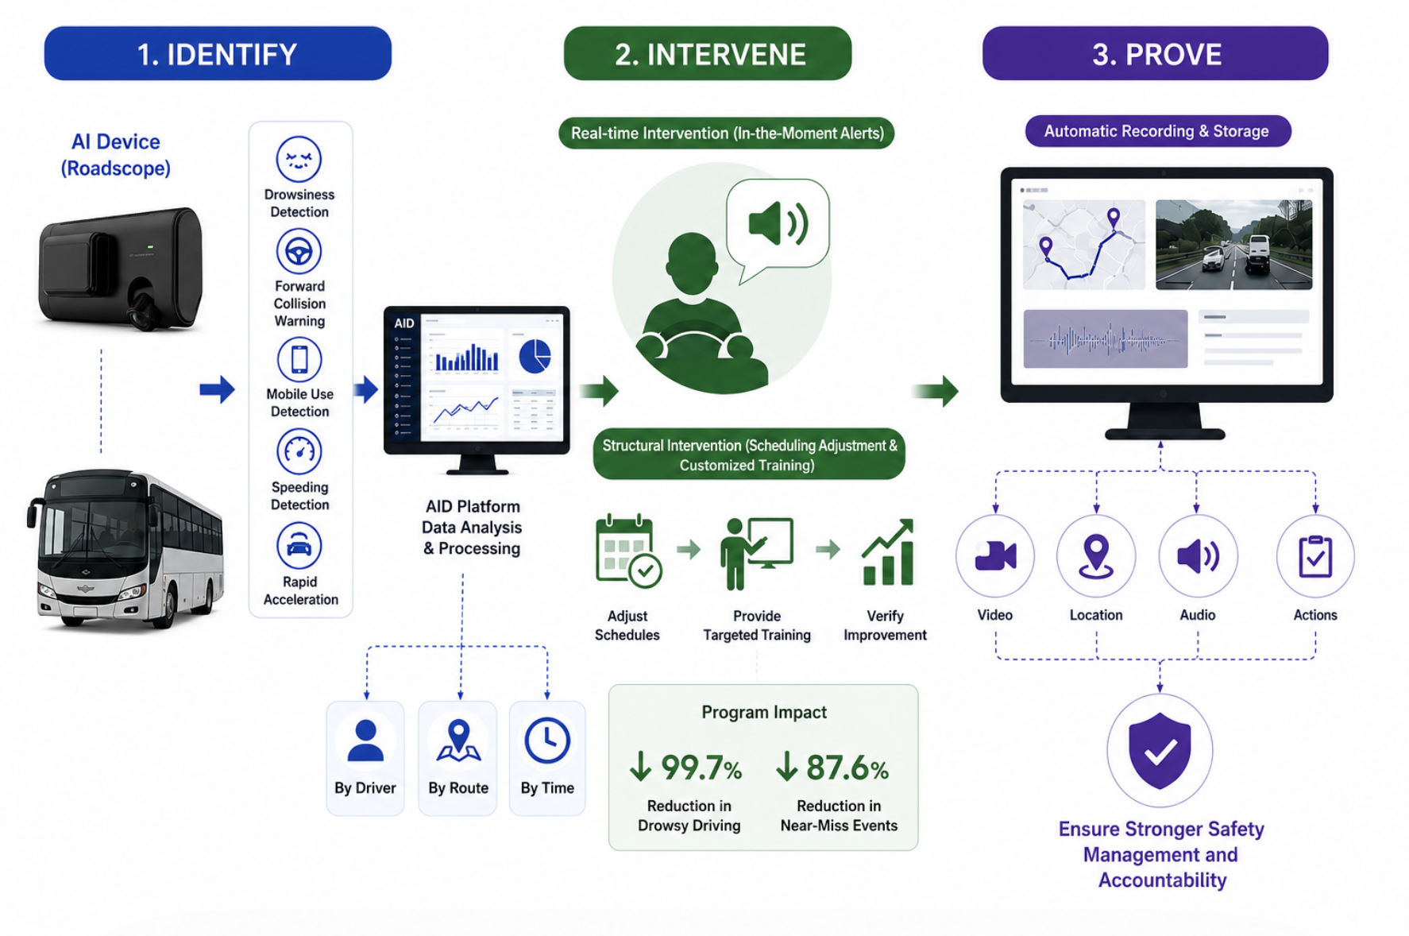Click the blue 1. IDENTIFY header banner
tap(218, 53)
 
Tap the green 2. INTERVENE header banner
tap(708, 53)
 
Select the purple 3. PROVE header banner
tap(1156, 53)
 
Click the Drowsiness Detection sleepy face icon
tap(299, 159)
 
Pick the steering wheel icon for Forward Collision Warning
tap(299, 251)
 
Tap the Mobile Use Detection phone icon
tap(299, 359)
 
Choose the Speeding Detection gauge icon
tap(299, 451)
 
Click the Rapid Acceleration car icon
tap(299, 545)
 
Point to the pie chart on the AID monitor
tap(535, 356)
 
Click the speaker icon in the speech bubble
tap(778, 223)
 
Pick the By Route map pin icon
tap(458, 741)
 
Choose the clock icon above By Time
tap(547, 741)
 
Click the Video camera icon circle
tap(995, 555)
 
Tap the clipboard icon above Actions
tap(1315, 556)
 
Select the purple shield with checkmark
tap(1160, 750)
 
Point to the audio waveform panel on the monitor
tap(1105, 339)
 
